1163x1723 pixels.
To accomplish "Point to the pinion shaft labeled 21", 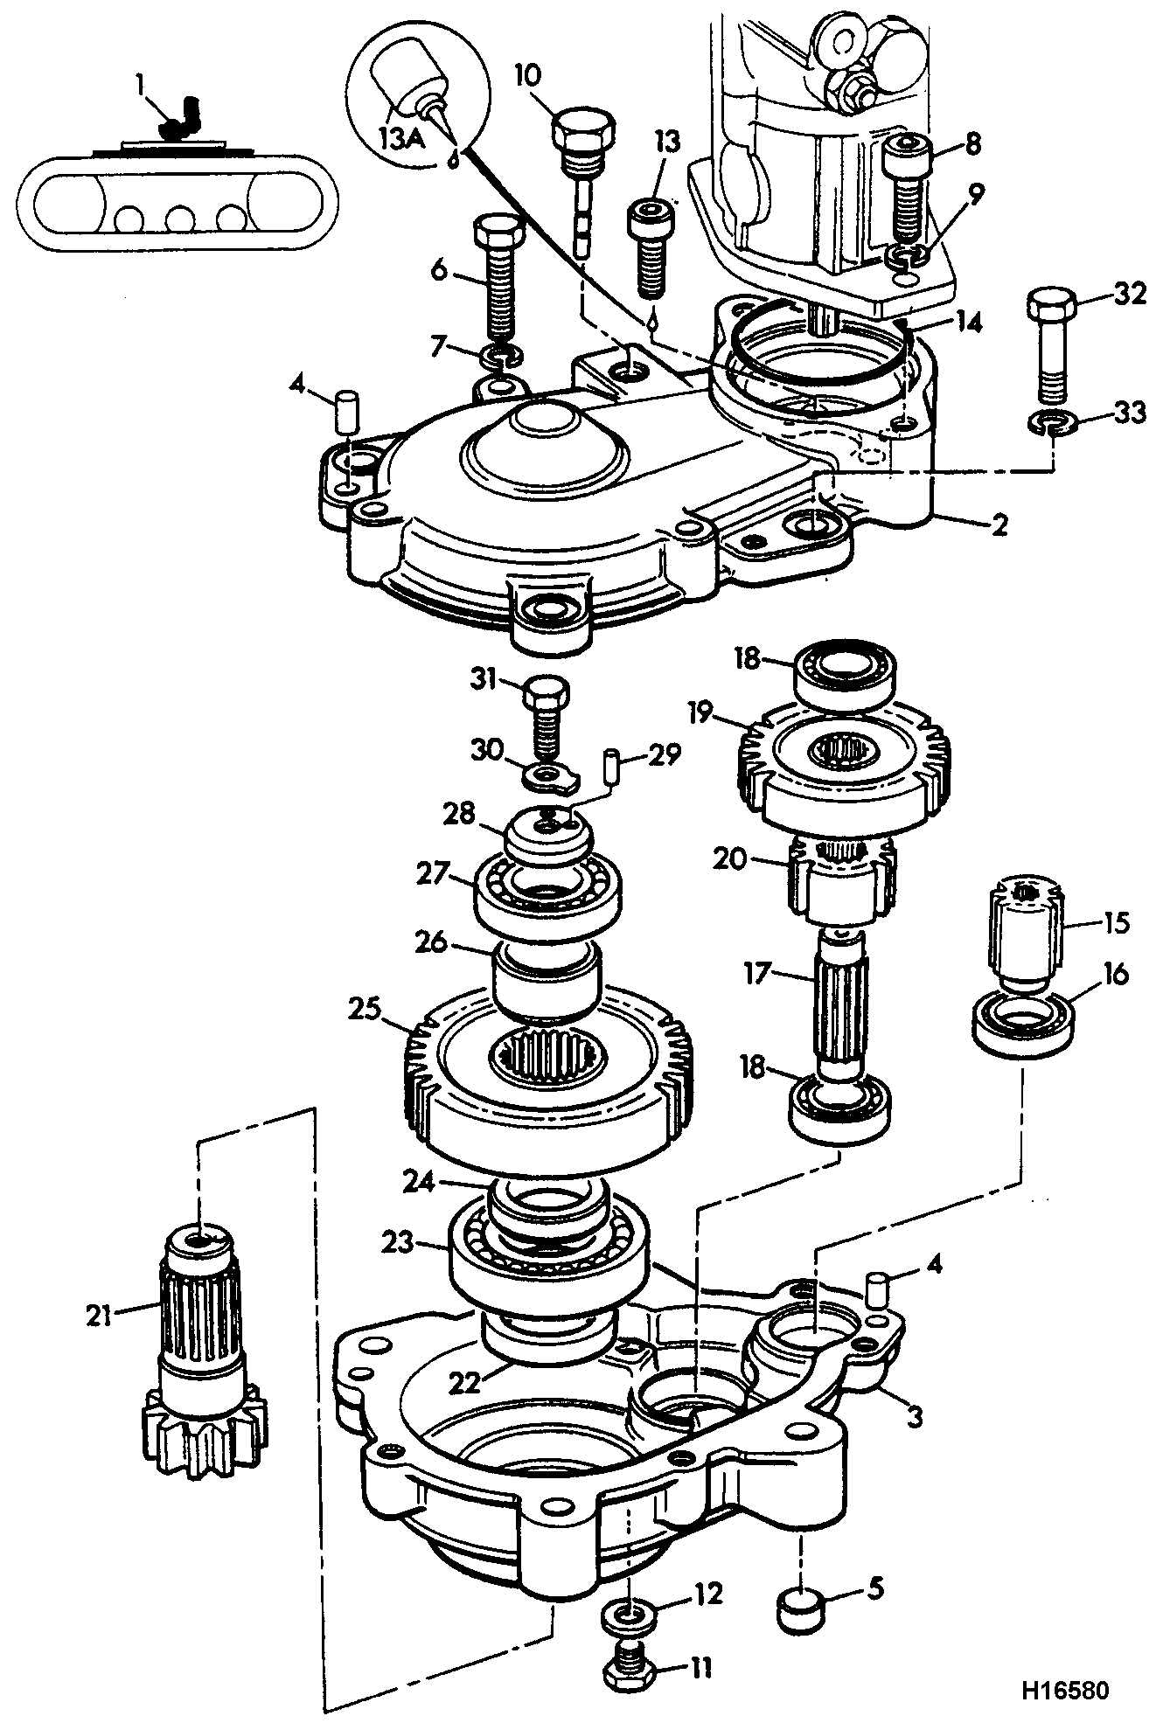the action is tap(203, 1365).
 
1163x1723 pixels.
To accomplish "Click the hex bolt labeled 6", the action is tap(498, 277).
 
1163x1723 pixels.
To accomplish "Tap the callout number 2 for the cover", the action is tap(998, 525).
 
